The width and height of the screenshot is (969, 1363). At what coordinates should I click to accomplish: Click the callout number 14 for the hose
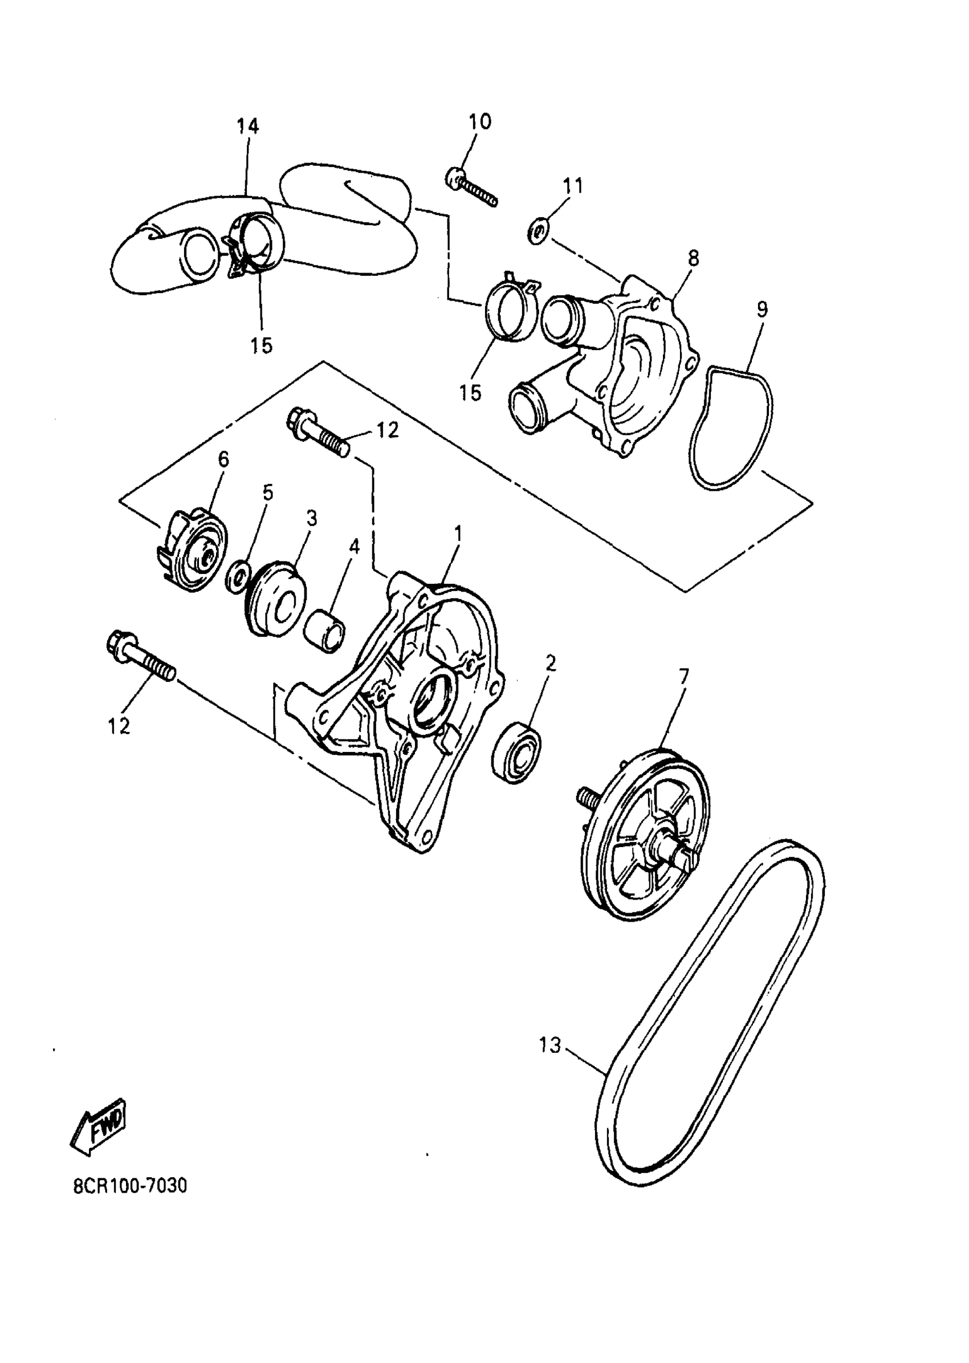click(x=247, y=126)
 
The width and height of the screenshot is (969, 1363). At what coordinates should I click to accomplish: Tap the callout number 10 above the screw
click(x=480, y=122)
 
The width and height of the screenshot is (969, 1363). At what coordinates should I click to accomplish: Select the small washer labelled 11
click(x=538, y=230)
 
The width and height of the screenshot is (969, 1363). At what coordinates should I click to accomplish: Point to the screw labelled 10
click(x=472, y=188)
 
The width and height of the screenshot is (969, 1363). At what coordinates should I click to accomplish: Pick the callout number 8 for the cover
click(x=693, y=259)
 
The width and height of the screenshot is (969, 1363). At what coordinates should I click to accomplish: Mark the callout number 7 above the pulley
click(x=683, y=677)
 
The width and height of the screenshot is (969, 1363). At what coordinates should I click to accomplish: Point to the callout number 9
click(x=762, y=309)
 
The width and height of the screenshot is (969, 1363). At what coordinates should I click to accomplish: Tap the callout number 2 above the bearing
click(x=550, y=662)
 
